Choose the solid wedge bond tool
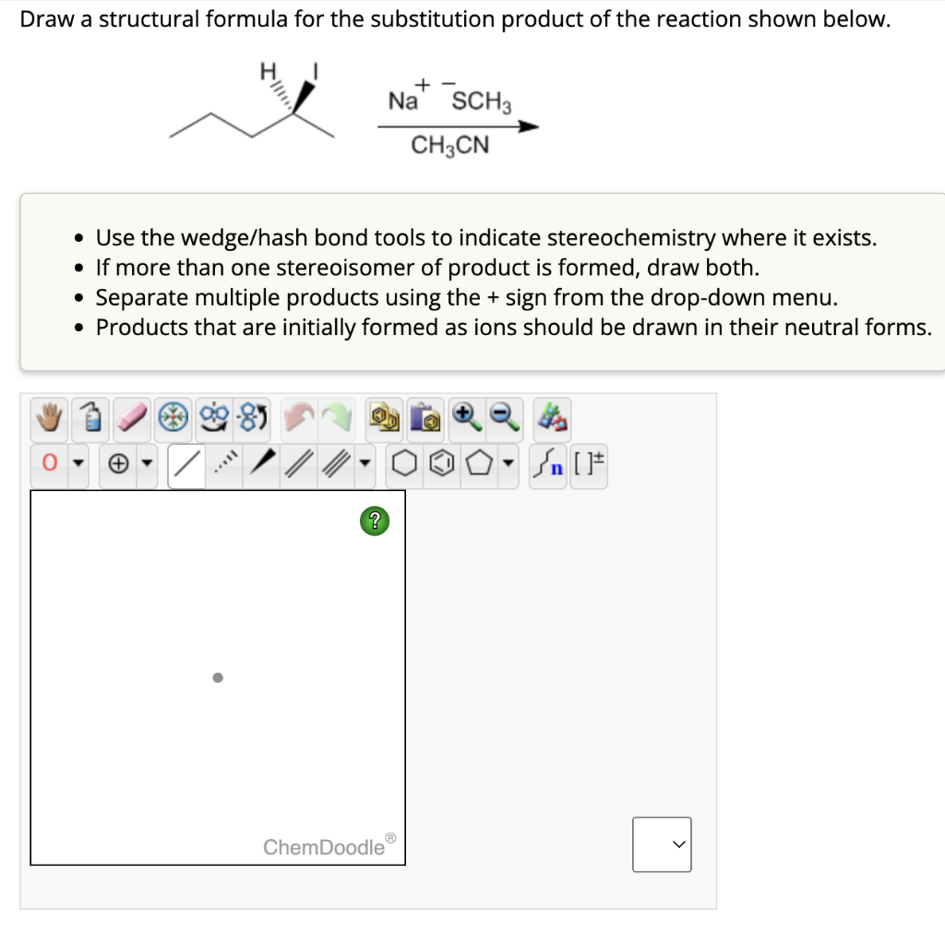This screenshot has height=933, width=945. click(265, 464)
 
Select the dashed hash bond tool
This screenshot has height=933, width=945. click(225, 464)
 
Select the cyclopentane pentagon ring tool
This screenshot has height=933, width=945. click(478, 464)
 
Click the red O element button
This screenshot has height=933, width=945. click(47, 464)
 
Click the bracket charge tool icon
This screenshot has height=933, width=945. click(588, 464)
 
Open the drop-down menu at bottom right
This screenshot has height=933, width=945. click(662, 843)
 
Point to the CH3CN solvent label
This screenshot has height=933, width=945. click(449, 146)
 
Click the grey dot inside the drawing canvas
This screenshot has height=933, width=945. click(218, 678)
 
